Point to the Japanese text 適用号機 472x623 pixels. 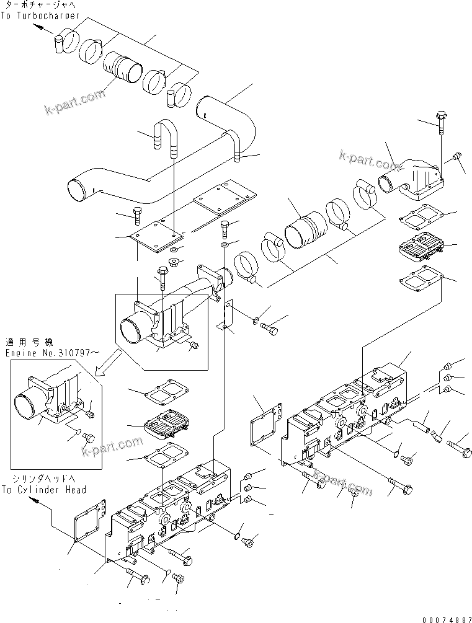click(22, 342)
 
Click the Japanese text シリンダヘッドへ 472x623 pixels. click(37, 479)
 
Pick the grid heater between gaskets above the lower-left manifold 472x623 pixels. click(165, 424)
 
